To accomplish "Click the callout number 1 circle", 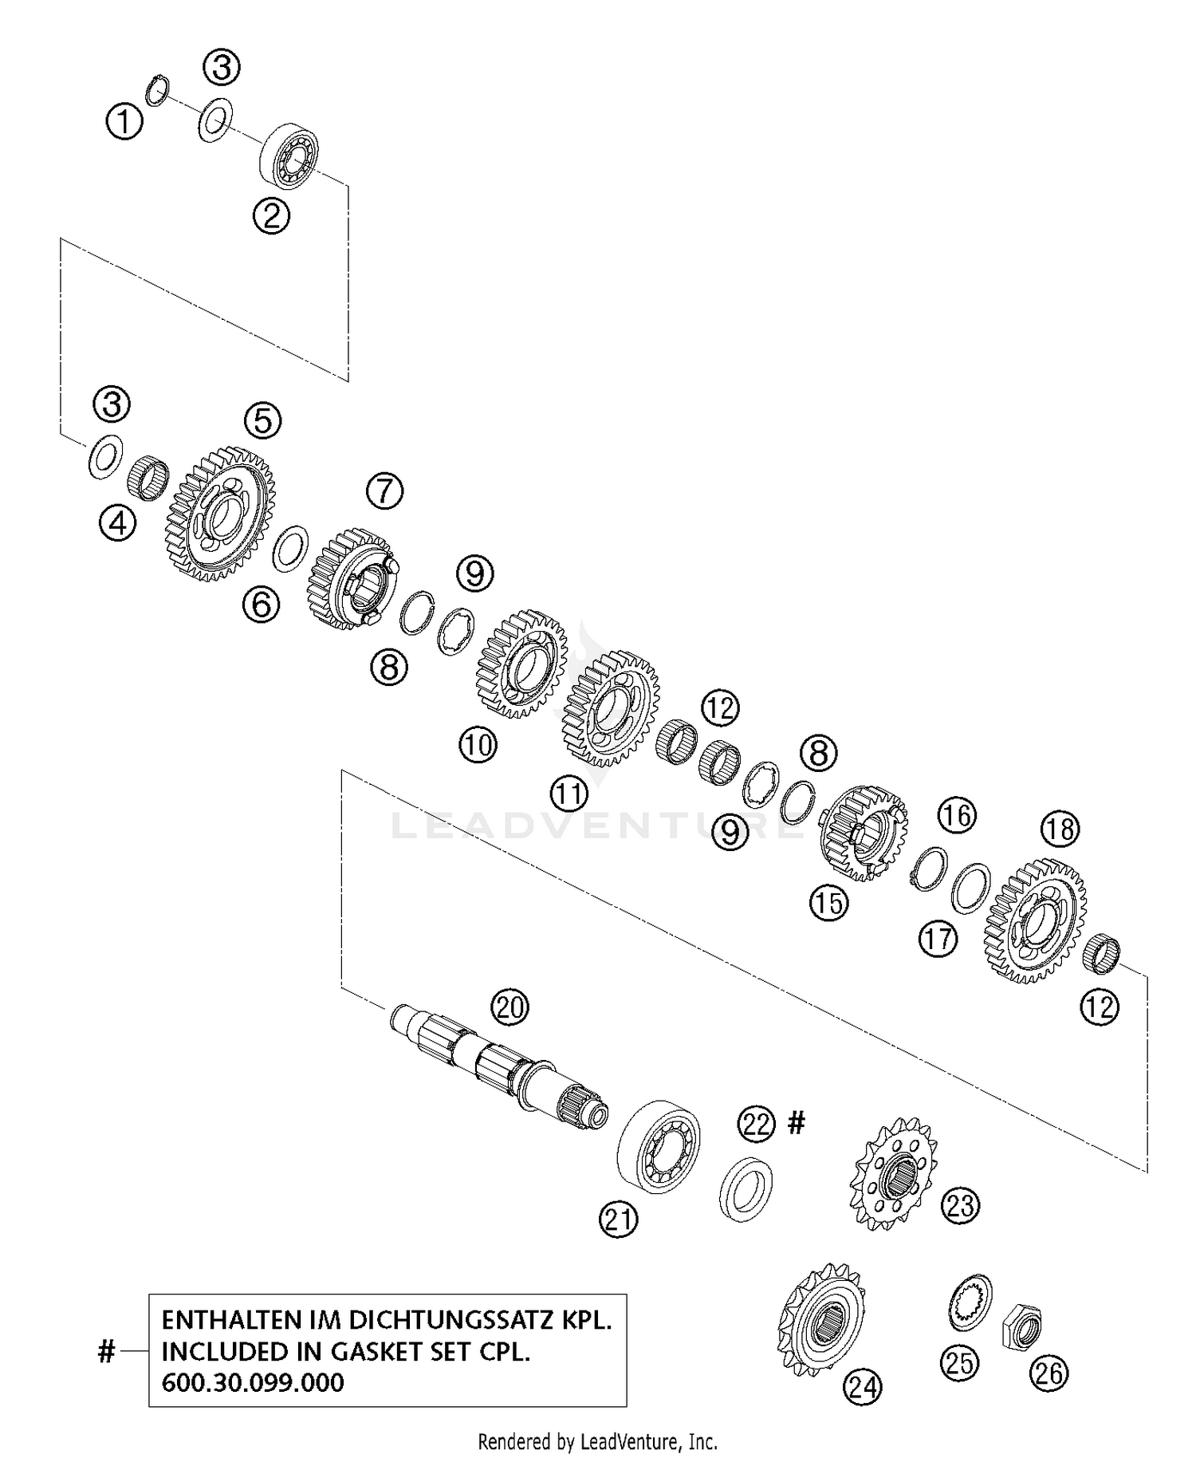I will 124,122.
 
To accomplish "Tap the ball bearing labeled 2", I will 289,156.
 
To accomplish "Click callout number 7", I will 385,491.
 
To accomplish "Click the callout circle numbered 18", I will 1060,829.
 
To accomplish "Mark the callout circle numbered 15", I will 828,903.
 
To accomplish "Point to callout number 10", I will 478,745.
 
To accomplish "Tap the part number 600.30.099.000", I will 253,1381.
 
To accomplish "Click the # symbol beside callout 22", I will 796,1124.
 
